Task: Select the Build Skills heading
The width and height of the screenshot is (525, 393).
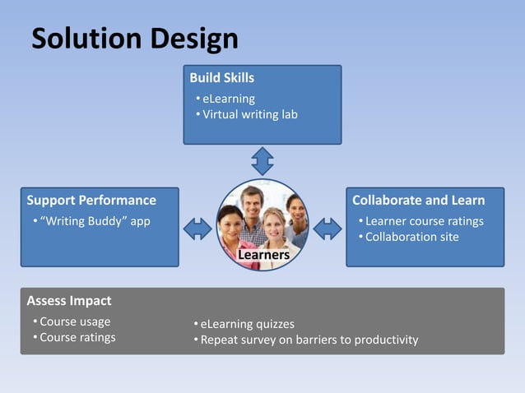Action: [x=221, y=78]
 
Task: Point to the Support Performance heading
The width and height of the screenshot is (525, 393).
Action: [x=91, y=200]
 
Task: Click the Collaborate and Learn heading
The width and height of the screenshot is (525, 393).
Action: [x=418, y=200]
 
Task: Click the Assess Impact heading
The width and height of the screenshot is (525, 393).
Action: [x=69, y=300]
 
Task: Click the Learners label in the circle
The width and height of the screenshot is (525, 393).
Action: [x=263, y=256]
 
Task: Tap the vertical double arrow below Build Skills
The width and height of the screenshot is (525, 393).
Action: [x=262, y=160]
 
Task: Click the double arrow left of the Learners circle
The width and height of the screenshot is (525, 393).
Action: [x=197, y=228]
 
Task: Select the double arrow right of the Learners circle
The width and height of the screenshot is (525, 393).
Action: [x=328, y=228]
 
